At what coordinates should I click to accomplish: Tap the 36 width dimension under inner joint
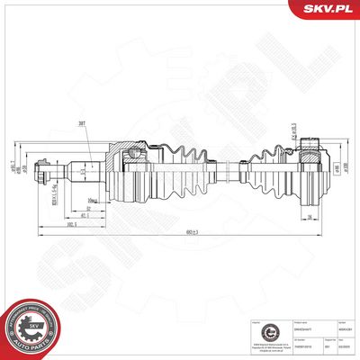click(x=310, y=216)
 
